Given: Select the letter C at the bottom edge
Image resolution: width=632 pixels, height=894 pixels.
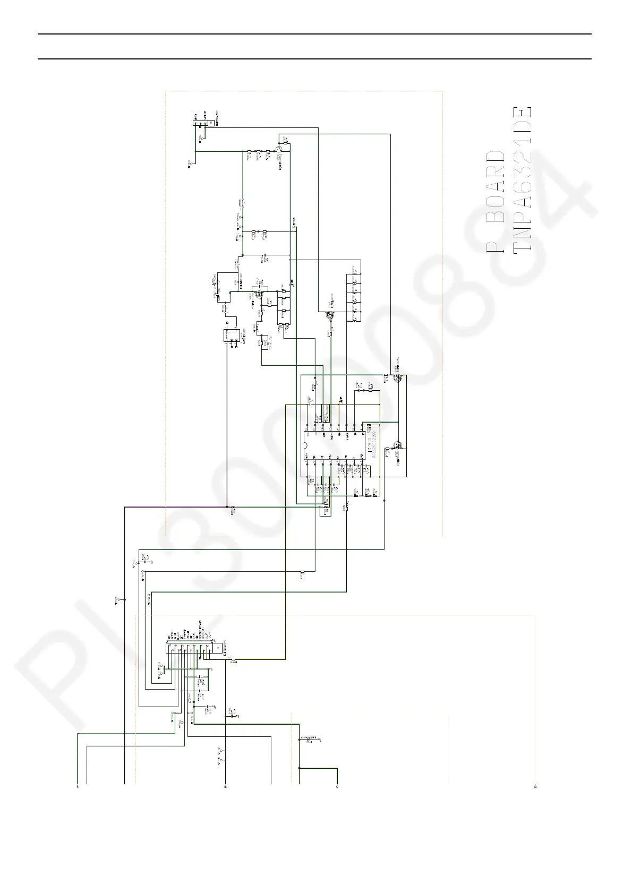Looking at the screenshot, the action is pyautogui.click(x=337, y=786).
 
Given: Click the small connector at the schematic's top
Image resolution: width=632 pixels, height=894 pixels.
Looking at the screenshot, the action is pyautogui.click(x=202, y=124).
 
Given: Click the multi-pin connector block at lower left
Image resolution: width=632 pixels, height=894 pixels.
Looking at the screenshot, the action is pyautogui.click(x=191, y=648).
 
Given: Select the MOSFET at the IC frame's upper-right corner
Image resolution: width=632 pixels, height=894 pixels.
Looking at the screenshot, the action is pyautogui.click(x=397, y=378).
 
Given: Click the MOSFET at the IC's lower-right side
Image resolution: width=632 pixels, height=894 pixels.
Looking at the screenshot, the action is pyautogui.click(x=397, y=446).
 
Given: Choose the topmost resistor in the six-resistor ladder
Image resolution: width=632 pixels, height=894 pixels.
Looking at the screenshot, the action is pyautogui.click(x=354, y=275).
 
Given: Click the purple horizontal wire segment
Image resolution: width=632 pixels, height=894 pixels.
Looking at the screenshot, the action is pyautogui.click(x=175, y=507).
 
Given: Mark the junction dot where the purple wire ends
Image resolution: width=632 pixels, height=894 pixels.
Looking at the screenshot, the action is pyautogui.click(x=227, y=507).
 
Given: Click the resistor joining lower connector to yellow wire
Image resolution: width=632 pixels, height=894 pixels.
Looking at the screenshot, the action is pyautogui.click(x=234, y=659).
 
